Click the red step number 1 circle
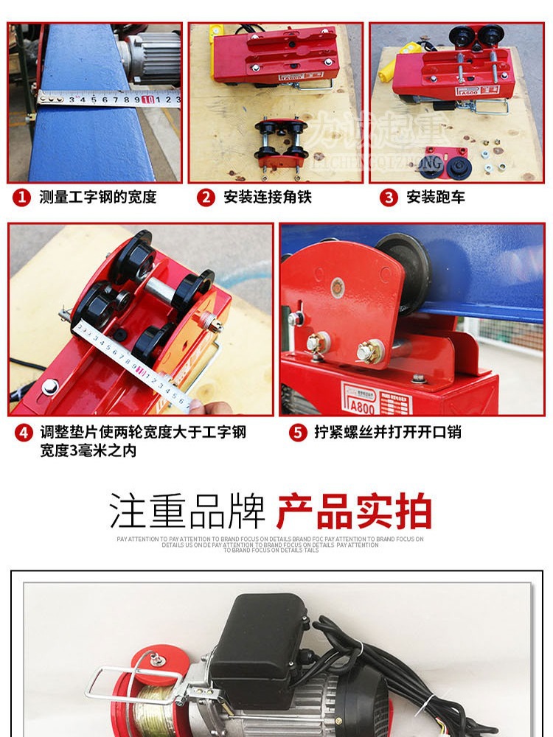coord(22,198)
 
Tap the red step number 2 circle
coord(206,198)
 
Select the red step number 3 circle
coord(389,198)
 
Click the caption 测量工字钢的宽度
coord(97,198)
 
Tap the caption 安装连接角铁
coord(268,198)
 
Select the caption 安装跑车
coord(436,198)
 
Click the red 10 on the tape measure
coord(147,99)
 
